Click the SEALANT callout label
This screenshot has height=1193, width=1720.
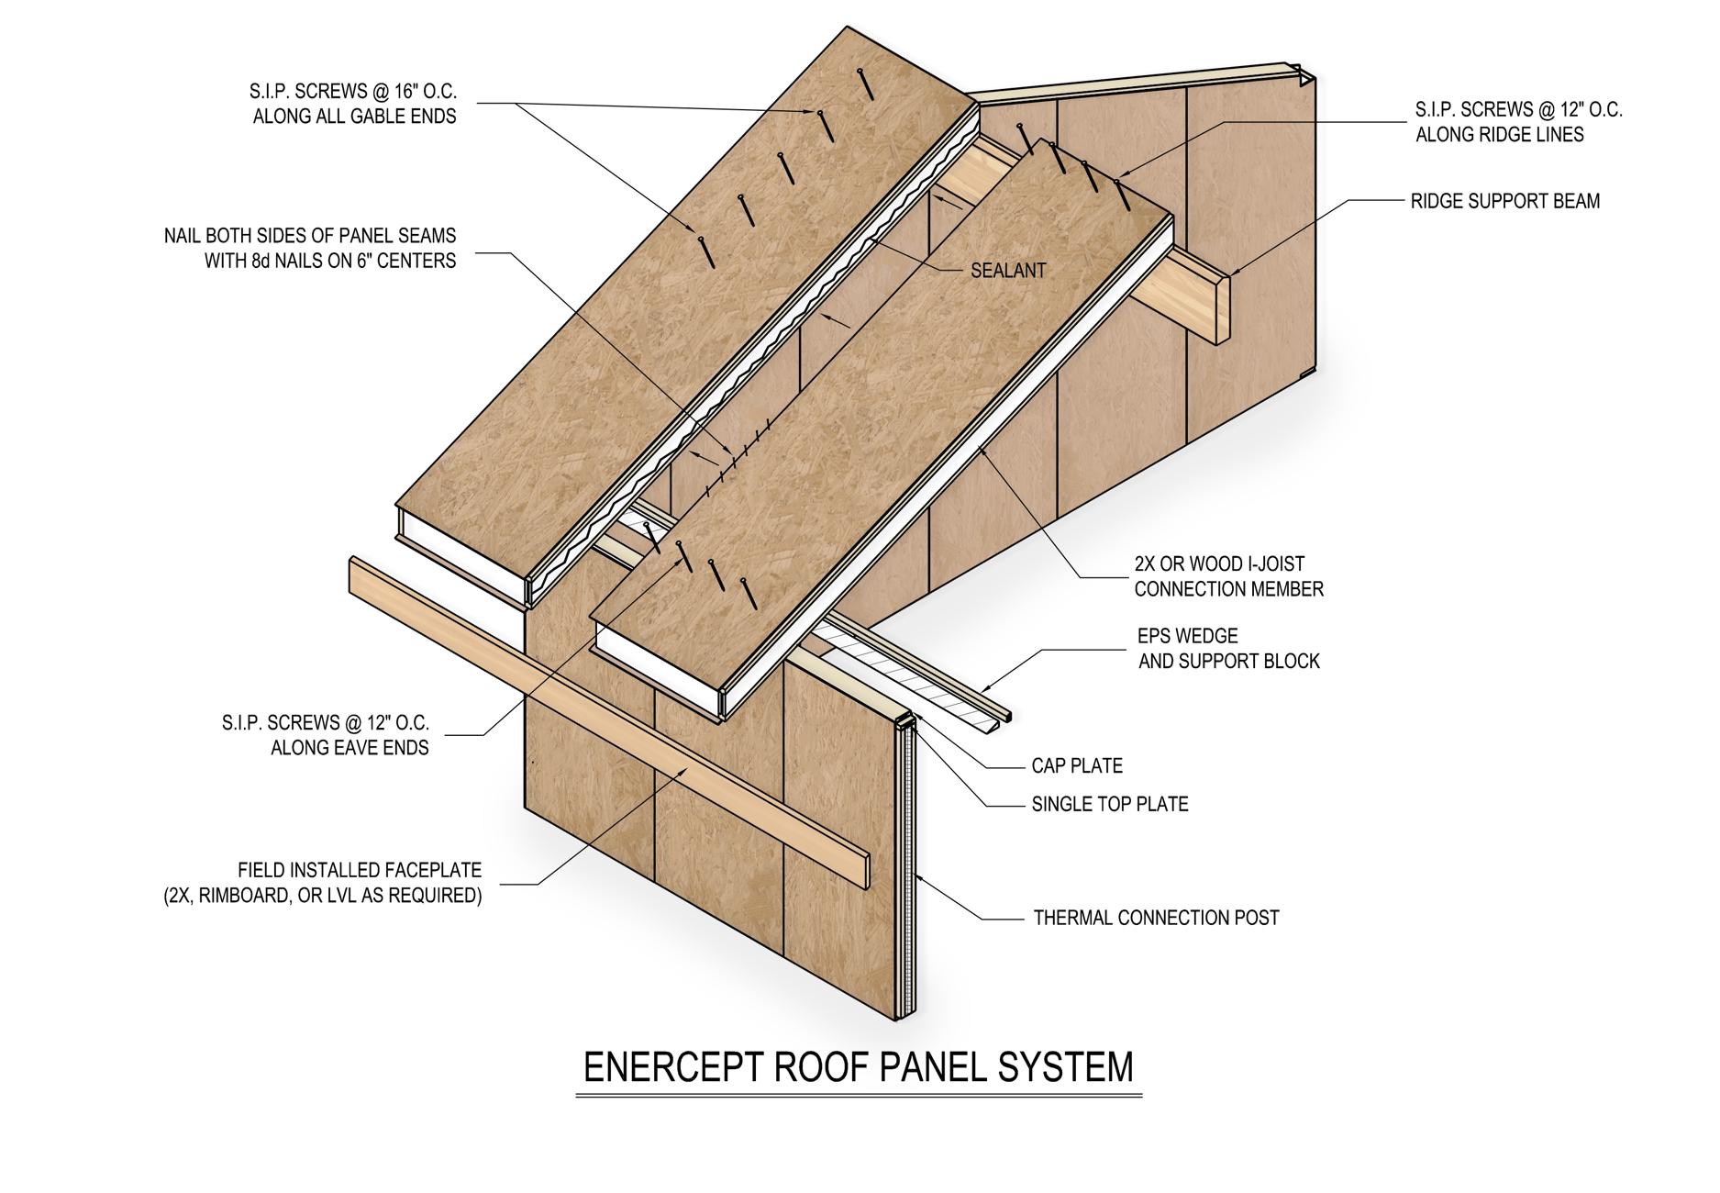(x=1007, y=271)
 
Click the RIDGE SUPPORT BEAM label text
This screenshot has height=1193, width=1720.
(x=1504, y=201)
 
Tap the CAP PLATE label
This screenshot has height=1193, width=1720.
(x=1076, y=765)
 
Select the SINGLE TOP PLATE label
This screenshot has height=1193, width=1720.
(x=1109, y=804)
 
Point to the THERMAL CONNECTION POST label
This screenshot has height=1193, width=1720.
(x=1155, y=918)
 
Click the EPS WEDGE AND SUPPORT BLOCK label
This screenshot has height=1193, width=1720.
(x=1227, y=648)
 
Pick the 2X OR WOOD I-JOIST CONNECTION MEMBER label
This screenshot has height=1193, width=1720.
(x=1227, y=576)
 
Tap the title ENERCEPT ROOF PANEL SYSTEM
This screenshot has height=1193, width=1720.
(x=858, y=1067)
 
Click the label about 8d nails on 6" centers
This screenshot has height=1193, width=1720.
(x=310, y=248)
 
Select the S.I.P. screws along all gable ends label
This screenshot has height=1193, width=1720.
(x=353, y=104)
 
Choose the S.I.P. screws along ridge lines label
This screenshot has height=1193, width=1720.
(x=1517, y=122)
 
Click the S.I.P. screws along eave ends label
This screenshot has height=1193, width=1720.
(x=326, y=735)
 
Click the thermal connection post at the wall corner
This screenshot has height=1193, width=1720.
(x=906, y=872)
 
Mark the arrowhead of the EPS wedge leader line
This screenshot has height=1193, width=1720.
(x=984, y=688)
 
